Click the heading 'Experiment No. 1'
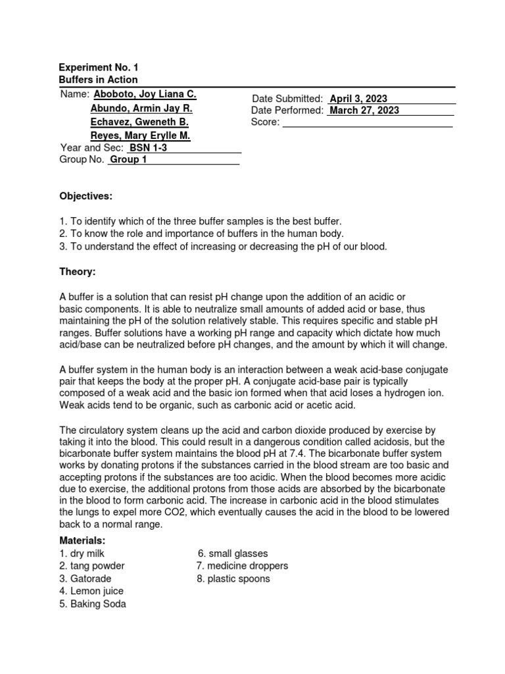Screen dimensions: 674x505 [x=99, y=68]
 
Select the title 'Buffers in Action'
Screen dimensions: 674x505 [x=99, y=80]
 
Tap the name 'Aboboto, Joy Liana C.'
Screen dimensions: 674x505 [x=145, y=95]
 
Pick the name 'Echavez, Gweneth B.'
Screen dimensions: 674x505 [x=139, y=122]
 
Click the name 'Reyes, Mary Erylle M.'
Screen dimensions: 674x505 [x=140, y=136]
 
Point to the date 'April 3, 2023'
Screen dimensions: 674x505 [x=359, y=98]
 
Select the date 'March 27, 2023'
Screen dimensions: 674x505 [x=364, y=111]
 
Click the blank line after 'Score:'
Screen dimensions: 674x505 [x=367, y=122]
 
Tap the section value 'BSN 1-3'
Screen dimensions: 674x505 [x=149, y=148]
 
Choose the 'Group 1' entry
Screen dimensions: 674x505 [x=129, y=160]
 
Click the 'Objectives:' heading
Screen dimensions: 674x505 [x=85, y=196]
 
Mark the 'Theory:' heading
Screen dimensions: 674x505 [x=78, y=271]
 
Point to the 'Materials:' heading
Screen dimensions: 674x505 [x=83, y=540]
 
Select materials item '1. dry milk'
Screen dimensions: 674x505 [x=82, y=554]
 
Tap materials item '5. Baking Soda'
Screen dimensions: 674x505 [x=93, y=604]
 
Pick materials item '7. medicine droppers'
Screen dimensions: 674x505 [x=242, y=566]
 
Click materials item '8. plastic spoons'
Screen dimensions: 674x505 [x=233, y=579]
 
